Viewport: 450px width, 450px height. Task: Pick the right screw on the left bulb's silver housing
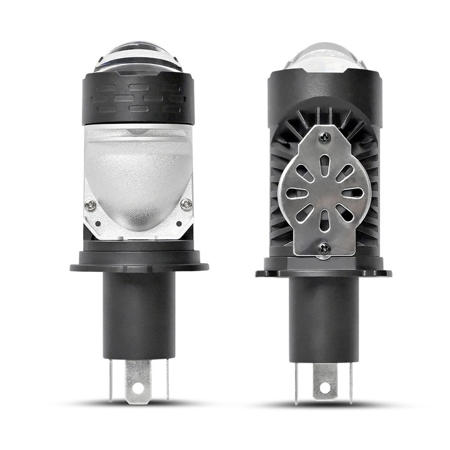tap(186, 204)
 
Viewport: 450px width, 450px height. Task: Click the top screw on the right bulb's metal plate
tap(323, 135)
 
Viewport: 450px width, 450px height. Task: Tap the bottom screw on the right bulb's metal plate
tap(323, 248)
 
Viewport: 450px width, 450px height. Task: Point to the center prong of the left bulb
tap(138, 378)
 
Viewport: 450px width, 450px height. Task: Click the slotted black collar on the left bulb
tap(138, 100)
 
